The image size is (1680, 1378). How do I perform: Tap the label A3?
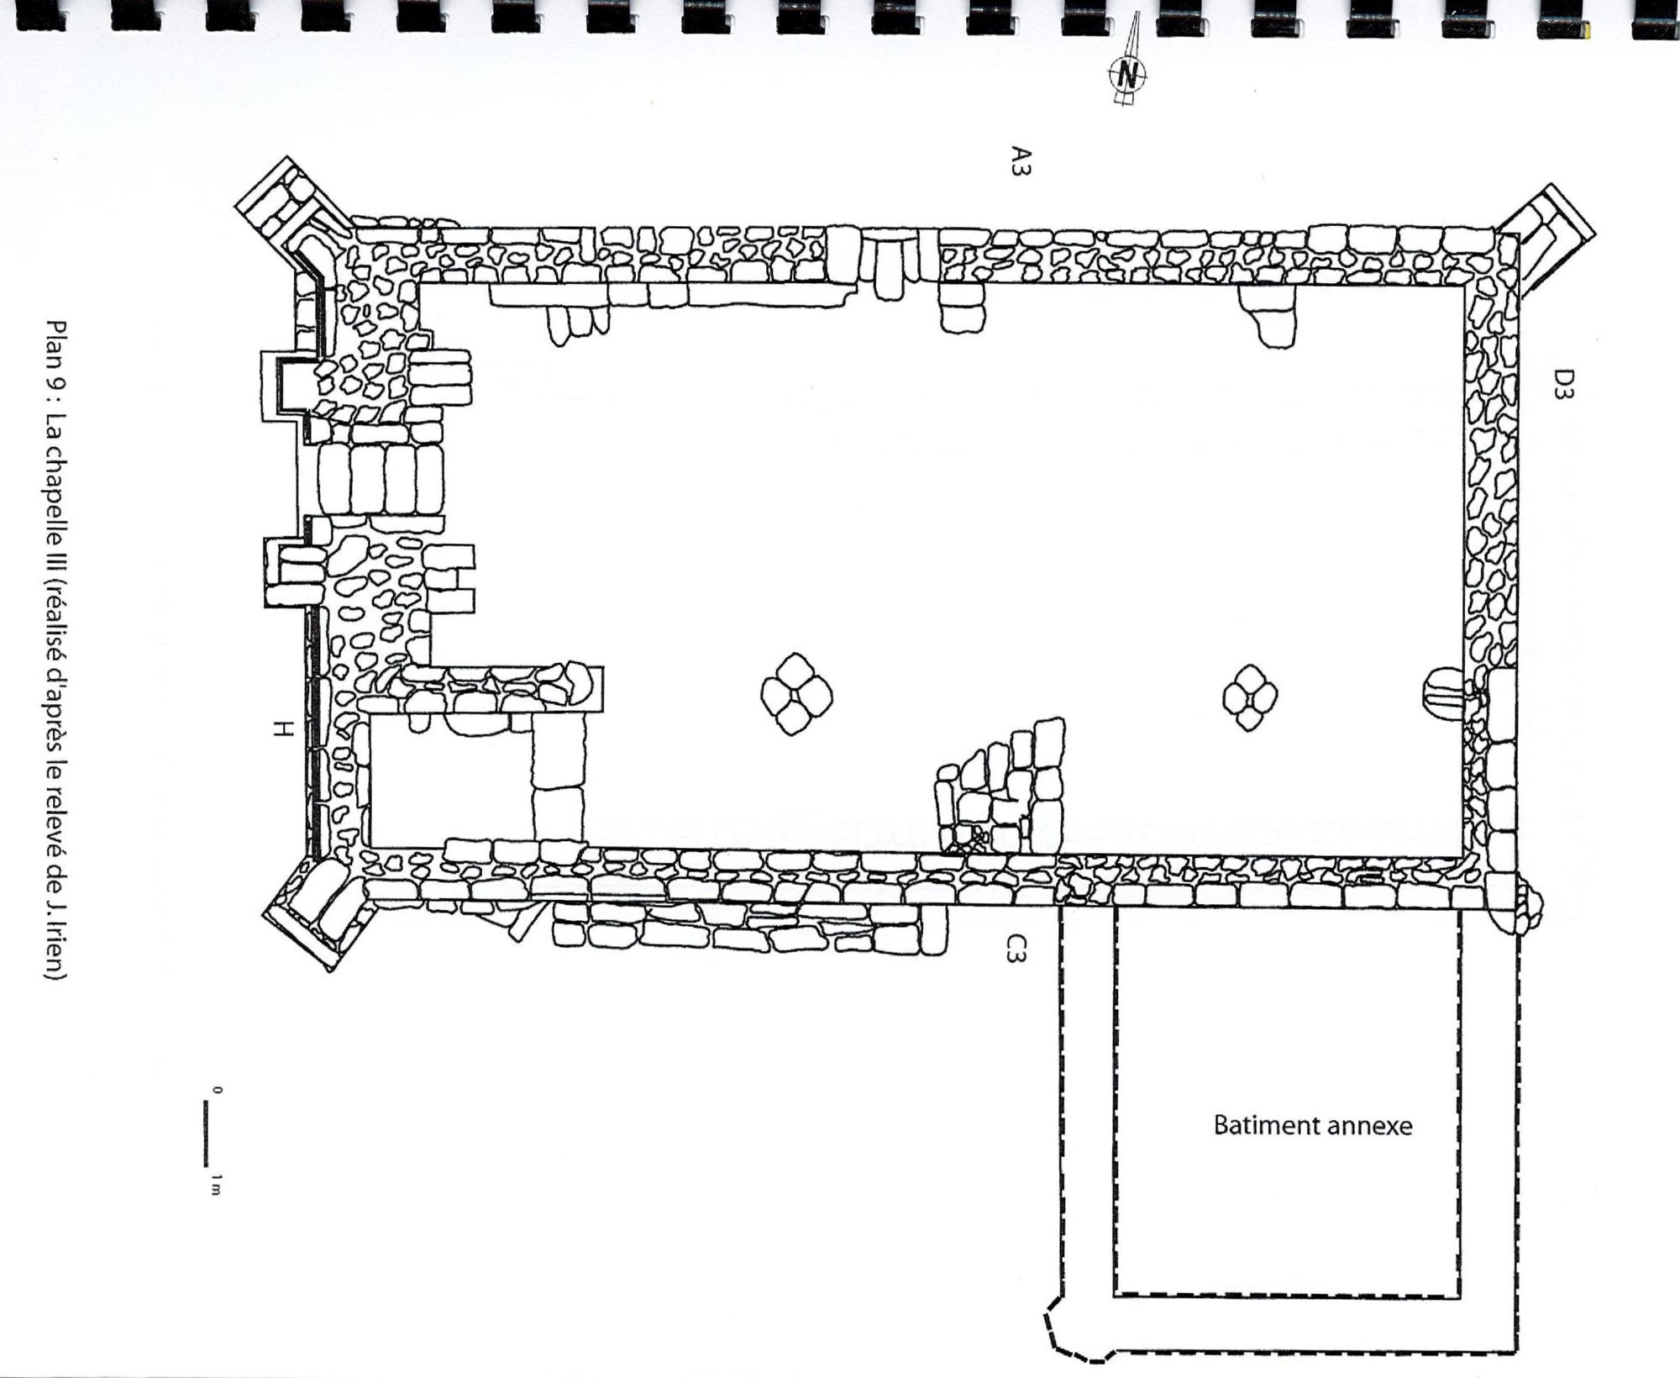click(1021, 160)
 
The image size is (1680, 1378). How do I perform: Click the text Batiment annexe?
click(1313, 1126)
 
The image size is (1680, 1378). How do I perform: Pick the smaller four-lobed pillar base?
click(1250, 697)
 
